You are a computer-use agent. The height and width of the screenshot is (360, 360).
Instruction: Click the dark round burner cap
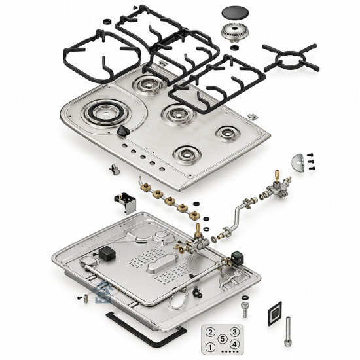236,13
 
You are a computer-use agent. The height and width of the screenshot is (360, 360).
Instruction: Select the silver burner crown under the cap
235,32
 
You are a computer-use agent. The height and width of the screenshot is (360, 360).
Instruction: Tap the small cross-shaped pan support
291,58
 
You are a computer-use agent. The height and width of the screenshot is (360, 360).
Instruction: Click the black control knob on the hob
124,131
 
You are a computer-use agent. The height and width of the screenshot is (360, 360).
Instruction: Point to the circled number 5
223,339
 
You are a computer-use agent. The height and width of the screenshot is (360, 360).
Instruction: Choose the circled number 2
210,332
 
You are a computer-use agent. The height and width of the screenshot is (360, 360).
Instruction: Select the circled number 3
234,332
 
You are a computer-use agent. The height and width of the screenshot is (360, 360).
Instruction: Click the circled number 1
210,347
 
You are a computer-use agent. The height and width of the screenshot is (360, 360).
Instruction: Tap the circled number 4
234,344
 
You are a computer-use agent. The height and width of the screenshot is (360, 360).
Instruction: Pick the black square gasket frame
275,314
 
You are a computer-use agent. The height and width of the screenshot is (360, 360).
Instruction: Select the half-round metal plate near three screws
298,164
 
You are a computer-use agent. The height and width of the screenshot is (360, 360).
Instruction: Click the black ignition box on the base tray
107,253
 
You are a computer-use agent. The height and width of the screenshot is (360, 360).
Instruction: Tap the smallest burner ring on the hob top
228,133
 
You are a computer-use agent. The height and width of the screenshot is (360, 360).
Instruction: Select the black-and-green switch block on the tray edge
238,257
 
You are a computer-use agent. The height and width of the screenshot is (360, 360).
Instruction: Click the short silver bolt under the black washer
245,310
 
